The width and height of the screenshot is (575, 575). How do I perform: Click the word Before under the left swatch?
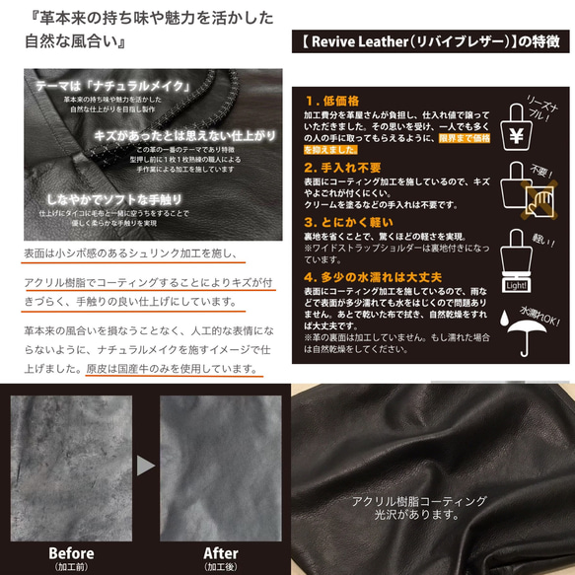[72, 552]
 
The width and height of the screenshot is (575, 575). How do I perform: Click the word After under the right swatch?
[221, 552]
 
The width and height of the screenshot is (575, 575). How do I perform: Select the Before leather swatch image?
[72, 465]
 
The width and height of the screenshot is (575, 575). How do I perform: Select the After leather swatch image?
[221, 465]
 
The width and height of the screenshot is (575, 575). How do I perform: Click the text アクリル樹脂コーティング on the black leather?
[418, 501]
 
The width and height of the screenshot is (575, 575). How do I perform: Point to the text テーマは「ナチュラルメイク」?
[103, 86]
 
